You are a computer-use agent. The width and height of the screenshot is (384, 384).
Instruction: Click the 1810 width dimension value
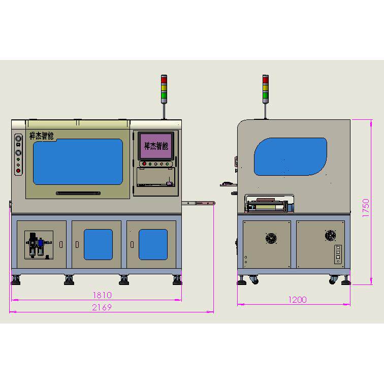[x=102, y=295]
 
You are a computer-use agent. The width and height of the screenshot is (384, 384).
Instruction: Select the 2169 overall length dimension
[x=102, y=307]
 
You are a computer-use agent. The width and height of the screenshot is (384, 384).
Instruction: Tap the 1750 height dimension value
[x=366, y=208]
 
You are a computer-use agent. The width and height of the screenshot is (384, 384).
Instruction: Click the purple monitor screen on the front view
[x=156, y=145]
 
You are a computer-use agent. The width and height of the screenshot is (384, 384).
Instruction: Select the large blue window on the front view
[x=78, y=162]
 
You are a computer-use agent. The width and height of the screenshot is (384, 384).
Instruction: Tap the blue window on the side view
[x=290, y=156]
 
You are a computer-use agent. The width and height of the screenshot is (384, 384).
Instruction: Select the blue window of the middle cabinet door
[x=98, y=244]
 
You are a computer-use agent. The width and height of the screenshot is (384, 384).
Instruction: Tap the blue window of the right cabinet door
[x=153, y=244]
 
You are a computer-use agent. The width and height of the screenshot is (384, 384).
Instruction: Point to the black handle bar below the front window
[x=78, y=193]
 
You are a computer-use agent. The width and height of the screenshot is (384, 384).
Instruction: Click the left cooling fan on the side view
[x=271, y=238]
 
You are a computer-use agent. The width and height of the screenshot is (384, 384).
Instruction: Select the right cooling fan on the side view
[x=331, y=235]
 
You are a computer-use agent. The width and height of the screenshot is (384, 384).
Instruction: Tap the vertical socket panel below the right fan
[x=336, y=255]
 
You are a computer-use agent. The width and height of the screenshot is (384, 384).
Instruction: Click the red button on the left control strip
[x=19, y=171]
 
